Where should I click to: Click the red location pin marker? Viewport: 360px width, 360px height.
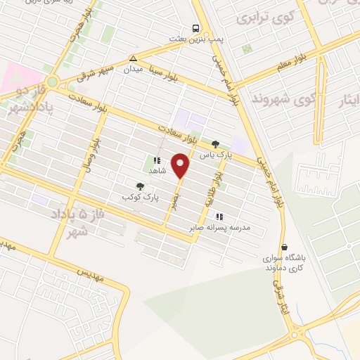click(x=182, y=166)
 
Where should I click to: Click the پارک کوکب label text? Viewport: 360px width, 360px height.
click(x=139, y=198)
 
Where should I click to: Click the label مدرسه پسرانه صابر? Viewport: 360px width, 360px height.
click(x=219, y=227)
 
